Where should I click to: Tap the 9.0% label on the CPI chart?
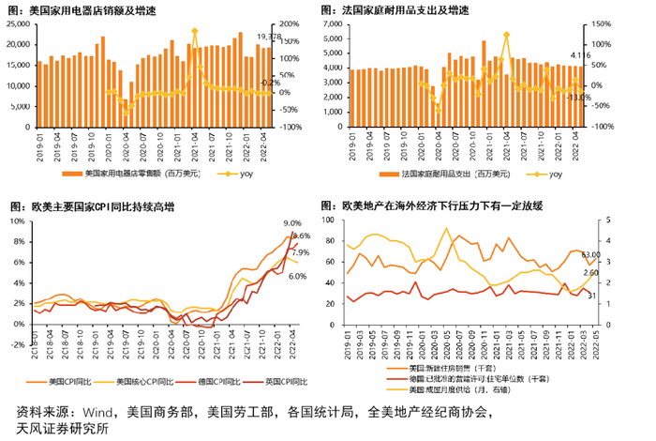click(x=292, y=222)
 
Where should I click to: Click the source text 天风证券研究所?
click(x=62, y=429)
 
